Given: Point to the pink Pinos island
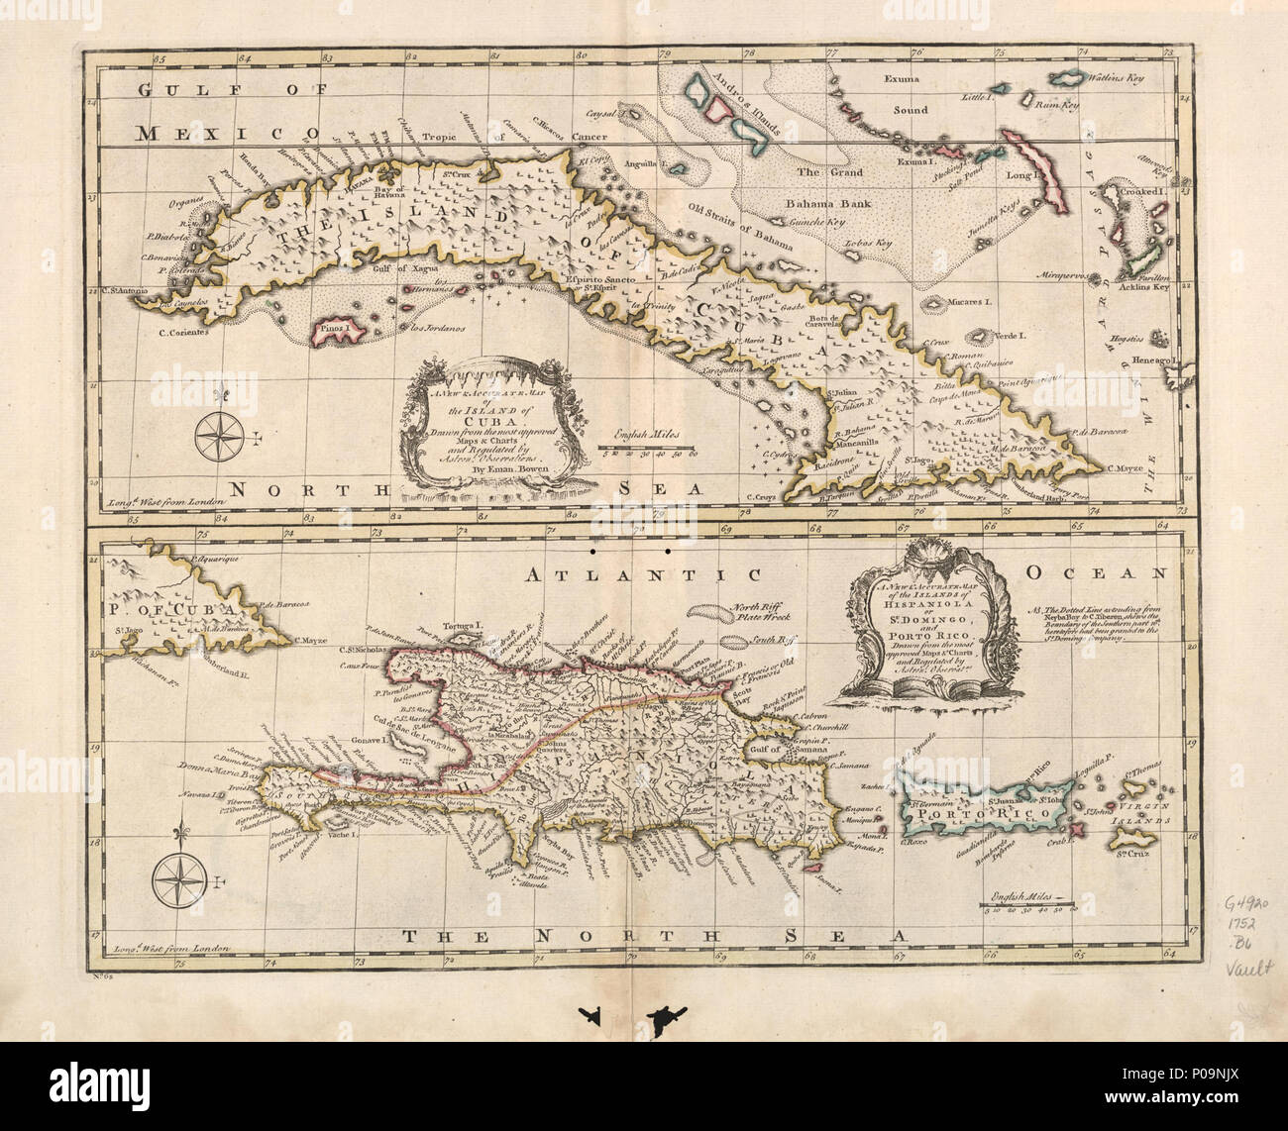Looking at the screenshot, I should click(337, 332).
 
